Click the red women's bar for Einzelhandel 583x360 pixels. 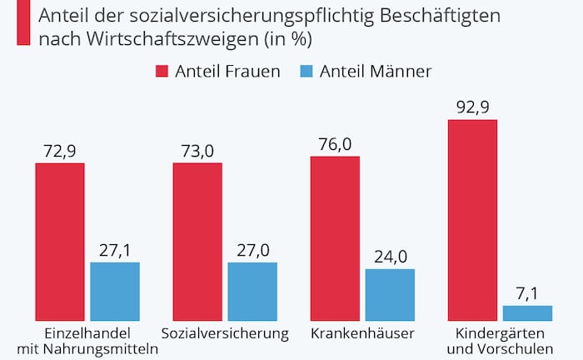click(60, 242)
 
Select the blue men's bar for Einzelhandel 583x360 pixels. click(115, 292)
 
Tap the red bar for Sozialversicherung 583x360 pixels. click(197, 242)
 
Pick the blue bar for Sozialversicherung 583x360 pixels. click(252, 292)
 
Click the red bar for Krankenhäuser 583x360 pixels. click(335, 238)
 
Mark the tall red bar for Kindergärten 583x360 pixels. click(472, 220)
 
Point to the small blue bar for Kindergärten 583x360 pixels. click(527, 312)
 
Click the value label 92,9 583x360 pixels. click(472, 107)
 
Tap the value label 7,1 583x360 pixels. click(527, 293)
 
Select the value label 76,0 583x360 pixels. click(335, 144)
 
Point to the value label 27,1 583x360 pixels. click(115, 250)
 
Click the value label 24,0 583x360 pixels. click(390, 257)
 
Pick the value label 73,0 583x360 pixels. click(197, 151)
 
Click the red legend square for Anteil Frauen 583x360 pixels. click(162, 71)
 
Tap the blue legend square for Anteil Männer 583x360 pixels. click(306, 71)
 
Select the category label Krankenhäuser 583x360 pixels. click(362, 333)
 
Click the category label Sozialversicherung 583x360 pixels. click(225, 333)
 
